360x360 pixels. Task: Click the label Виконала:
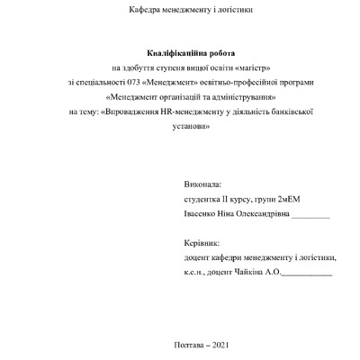(200, 183)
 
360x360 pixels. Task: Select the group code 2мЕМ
(294, 200)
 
